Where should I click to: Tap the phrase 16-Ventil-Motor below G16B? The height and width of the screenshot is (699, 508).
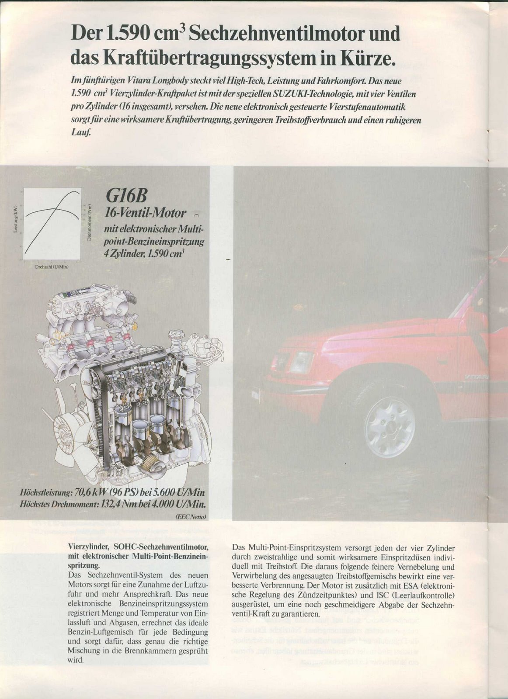(x=146, y=213)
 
